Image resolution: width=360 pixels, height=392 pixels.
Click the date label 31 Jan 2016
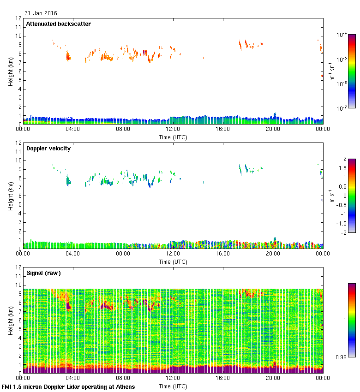click(x=41, y=13)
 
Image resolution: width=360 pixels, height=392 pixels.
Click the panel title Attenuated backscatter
click(x=58, y=24)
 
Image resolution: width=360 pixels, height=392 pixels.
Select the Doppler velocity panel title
click(x=48, y=148)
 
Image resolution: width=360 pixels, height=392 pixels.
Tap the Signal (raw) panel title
click(x=43, y=273)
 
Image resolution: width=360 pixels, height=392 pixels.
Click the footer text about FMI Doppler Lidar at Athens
click(x=68, y=387)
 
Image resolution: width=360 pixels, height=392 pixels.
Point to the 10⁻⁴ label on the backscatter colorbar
click(x=342, y=35)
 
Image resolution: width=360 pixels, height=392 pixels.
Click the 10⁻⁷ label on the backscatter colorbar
click(x=342, y=108)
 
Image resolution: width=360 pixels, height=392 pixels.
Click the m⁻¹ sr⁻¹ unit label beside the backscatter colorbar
click(x=331, y=71)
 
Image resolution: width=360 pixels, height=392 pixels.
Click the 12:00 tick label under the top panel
click(x=173, y=130)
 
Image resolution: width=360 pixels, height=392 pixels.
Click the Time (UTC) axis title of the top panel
click(x=173, y=137)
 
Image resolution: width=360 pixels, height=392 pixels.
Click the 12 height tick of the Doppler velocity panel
click(x=18, y=143)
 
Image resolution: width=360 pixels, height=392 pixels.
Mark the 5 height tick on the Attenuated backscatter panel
click(x=20, y=80)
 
